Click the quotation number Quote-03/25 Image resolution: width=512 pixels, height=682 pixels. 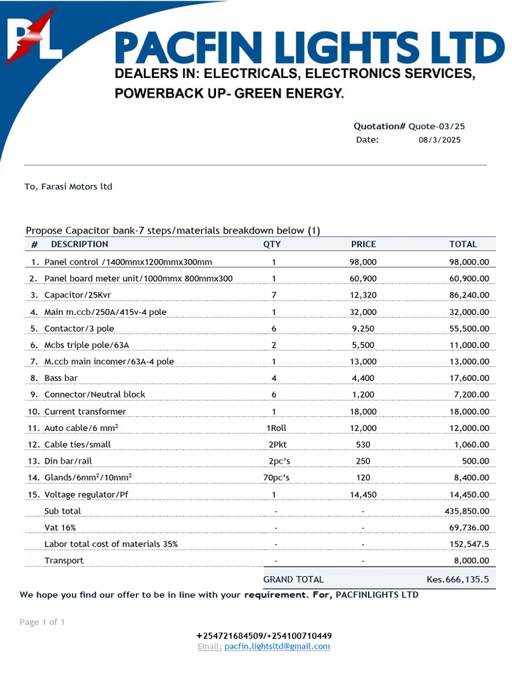pos(437,126)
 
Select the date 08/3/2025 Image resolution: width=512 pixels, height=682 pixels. pos(439,140)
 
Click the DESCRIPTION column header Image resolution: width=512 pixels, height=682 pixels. pos(79,244)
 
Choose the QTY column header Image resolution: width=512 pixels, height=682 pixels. pos(272,244)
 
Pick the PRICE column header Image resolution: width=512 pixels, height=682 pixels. pos(363,244)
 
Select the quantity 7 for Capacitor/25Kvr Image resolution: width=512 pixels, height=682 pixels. pos(273,295)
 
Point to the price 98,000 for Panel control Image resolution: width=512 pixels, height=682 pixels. pos(363,262)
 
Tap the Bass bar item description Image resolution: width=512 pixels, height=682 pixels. pos(61,378)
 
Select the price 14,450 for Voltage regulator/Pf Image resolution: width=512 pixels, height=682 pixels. pos(363,494)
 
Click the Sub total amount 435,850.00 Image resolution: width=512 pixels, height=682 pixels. pos(466,511)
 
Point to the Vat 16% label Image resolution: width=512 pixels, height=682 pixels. pos(60,527)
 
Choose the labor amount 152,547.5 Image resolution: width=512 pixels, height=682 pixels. pos(466,544)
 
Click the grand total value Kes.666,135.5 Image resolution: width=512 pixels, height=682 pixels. pos(457,579)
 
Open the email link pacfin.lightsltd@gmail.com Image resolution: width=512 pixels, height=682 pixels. pos(277,646)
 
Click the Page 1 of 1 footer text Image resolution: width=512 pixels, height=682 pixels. pos(43,622)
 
